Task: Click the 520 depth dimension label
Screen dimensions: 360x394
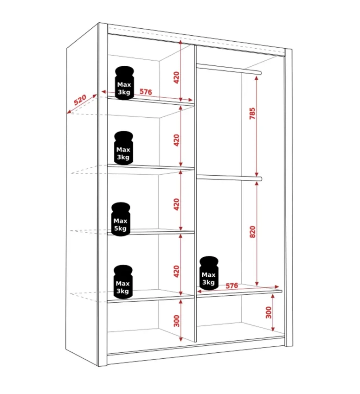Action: pyautogui.click(x=80, y=100)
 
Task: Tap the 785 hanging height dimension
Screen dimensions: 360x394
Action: pyautogui.click(x=252, y=114)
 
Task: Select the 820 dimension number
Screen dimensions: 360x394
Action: pyautogui.click(x=252, y=232)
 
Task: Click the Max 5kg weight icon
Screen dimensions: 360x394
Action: pyautogui.click(x=121, y=219)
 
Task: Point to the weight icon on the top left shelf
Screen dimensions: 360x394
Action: pyautogui.click(x=124, y=83)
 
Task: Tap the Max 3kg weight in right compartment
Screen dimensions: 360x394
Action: pyautogui.click(x=209, y=273)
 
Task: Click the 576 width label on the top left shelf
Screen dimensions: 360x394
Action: pyautogui.click(x=146, y=92)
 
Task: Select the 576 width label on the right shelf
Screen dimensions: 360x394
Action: pyautogui.click(x=231, y=286)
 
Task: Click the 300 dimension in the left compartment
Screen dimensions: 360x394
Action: pyautogui.click(x=177, y=321)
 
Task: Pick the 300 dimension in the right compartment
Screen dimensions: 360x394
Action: pyautogui.click(x=269, y=312)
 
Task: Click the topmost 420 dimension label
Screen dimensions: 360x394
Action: pyautogui.click(x=177, y=78)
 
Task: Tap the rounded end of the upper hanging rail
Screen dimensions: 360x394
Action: pyautogui.click(x=260, y=73)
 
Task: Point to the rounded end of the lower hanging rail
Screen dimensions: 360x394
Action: pyautogui.click(x=260, y=179)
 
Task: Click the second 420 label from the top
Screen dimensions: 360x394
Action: pyautogui.click(x=177, y=140)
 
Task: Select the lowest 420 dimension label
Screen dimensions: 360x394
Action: pyautogui.click(x=177, y=271)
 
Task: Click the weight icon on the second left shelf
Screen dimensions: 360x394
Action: pyautogui.click(x=123, y=148)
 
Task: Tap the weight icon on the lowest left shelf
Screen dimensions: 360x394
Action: pyautogui.click(x=123, y=282)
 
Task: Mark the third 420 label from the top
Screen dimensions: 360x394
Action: pyautogui.click(x=177, y=204)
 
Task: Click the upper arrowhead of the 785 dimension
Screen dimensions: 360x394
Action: pyautogui.click(x=257, y=78)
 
